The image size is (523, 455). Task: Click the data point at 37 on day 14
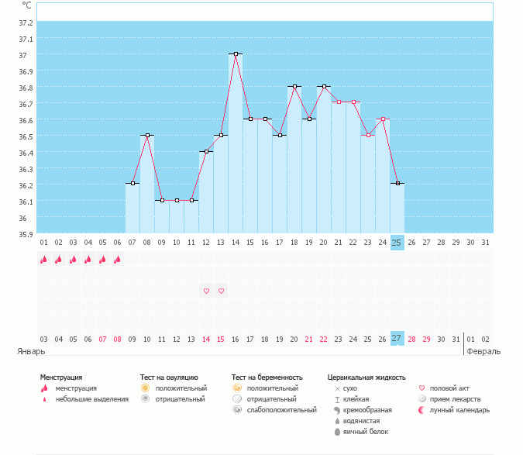[236, 54]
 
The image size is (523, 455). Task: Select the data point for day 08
[147, 136]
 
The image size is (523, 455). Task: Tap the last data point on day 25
[397, 184]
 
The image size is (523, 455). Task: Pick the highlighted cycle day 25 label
[397, 243]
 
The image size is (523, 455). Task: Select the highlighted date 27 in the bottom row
[397, 339]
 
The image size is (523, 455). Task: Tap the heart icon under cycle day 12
[206, 291]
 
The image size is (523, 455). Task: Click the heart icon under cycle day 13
[221, 291]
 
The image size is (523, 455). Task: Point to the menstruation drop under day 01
[43, 260]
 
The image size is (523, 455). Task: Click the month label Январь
[32, 351]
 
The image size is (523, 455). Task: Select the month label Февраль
[483, 351]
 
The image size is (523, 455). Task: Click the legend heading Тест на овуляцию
[169, 377]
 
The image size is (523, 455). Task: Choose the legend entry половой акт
[449, 388]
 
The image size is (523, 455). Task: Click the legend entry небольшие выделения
[92, 399]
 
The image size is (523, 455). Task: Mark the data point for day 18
[294, 87]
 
